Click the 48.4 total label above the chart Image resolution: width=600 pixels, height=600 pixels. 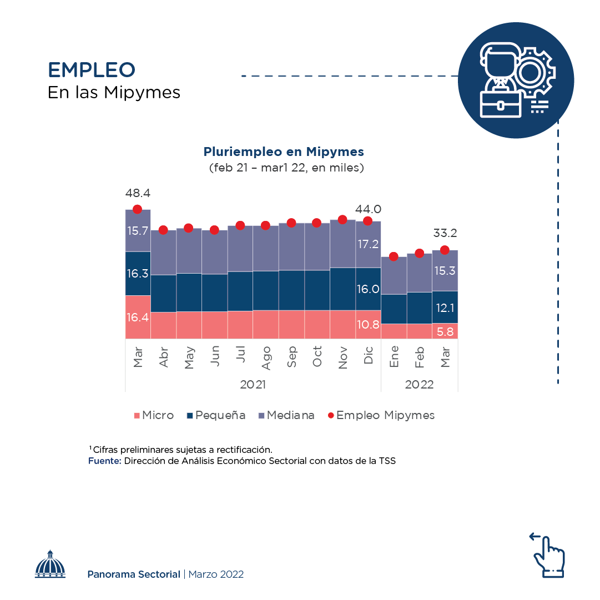click(138, 194)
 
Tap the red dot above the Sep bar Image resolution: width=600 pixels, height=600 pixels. click(291, 223)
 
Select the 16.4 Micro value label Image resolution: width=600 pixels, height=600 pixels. click(138, 317)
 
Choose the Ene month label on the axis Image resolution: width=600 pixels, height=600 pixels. click(394, 356)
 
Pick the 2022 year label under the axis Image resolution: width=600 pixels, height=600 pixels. click(419, 385)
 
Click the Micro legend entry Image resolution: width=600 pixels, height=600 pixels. click(154, 415)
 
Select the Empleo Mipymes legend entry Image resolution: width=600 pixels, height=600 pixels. click(381, 415)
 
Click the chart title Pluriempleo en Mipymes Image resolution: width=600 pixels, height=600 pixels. click(284, 152)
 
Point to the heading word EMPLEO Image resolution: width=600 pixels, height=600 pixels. click(92, 70)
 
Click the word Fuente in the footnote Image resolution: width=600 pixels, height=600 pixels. click(104, 461)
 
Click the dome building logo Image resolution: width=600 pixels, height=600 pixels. click(51, 565)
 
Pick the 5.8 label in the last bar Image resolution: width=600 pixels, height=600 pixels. click(445, 331)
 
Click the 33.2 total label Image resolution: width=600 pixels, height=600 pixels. click(445, 233)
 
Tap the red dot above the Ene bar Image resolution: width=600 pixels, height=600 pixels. click(394, 256)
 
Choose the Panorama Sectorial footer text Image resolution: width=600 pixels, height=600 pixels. click(133, 574)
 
